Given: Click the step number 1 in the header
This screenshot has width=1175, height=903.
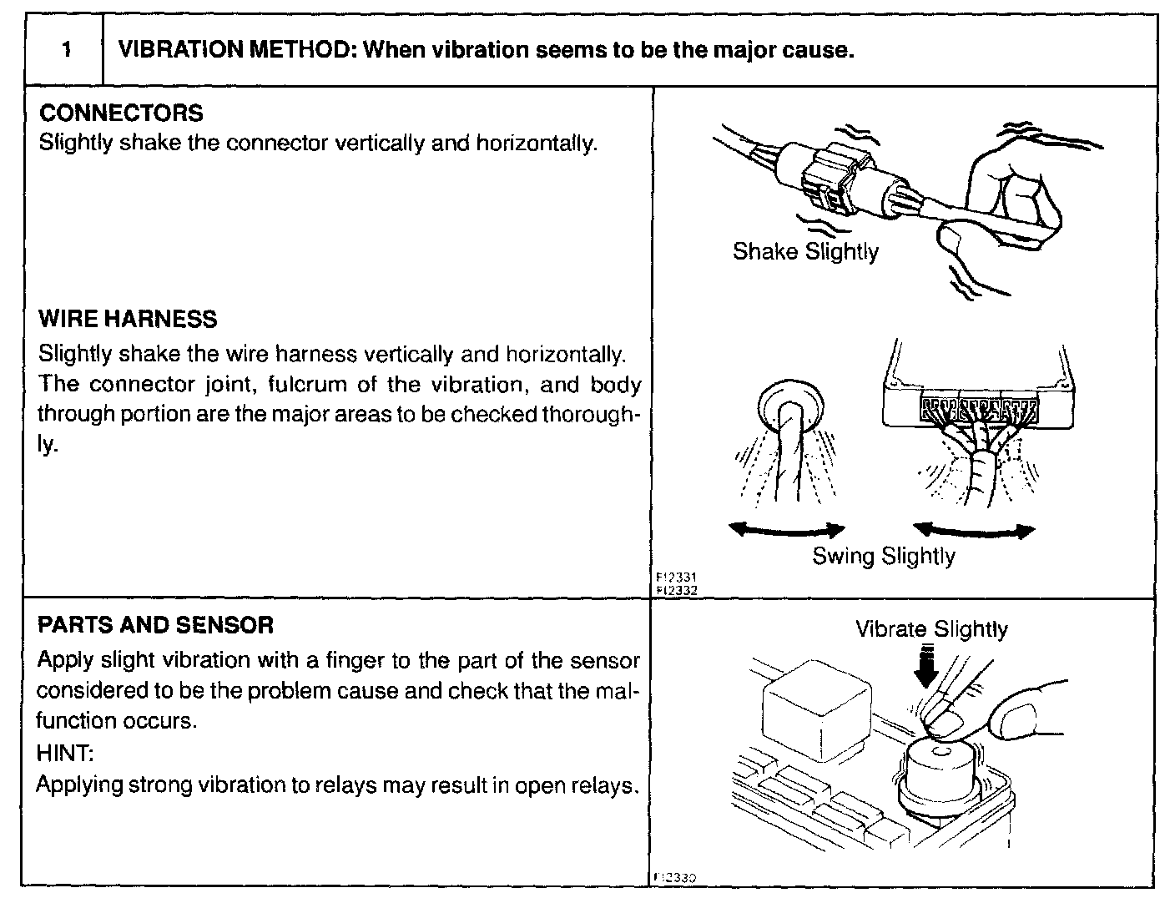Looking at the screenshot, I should pyautogui.click(x=65, y=50).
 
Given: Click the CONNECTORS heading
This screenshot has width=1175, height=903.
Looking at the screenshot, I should pyautogui.click(x=121, y=113).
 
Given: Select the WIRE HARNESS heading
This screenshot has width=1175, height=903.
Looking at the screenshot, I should pyautogui.click(x=128, y=320).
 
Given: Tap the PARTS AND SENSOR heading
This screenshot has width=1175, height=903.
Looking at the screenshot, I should pyautogui.click(x=156, y=625).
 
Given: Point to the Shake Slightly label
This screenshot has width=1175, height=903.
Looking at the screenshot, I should pyautogui.click(x=805, y=252).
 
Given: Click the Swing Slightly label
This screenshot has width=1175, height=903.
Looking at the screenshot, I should pyautogui.click(x=884, y=557).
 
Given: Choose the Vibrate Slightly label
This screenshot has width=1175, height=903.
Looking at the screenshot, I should pyautogui.click(x=931, y=629).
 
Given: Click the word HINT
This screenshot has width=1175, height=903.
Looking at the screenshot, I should pyautogui.click(x=65, y=754).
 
